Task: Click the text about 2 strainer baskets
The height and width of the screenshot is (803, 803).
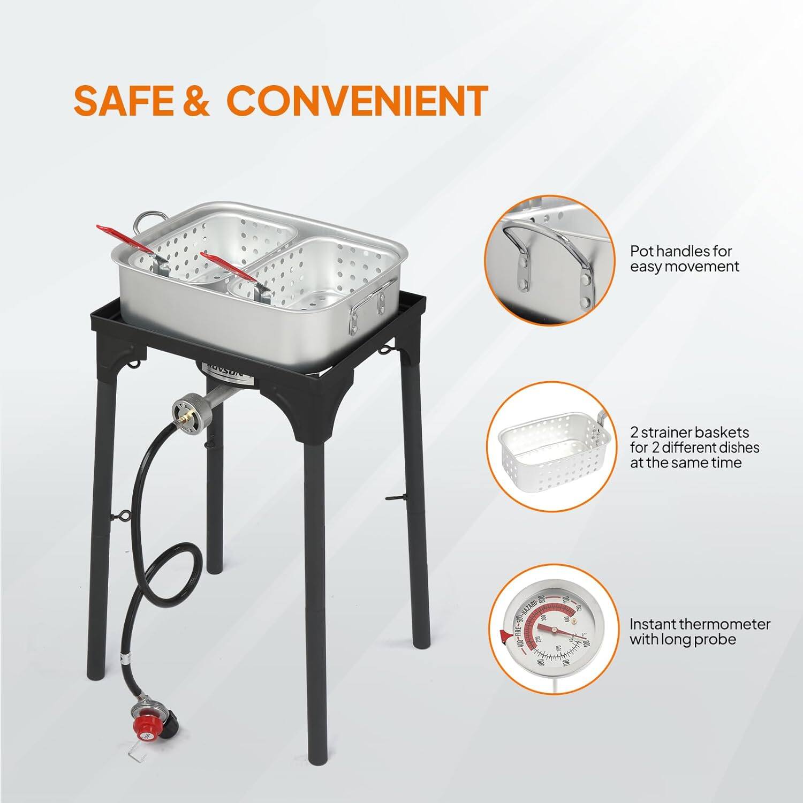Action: pyautogui.click(x=694, y=447)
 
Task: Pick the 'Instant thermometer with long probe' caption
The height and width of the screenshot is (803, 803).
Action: pyautogui.click(x=700, y=631)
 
